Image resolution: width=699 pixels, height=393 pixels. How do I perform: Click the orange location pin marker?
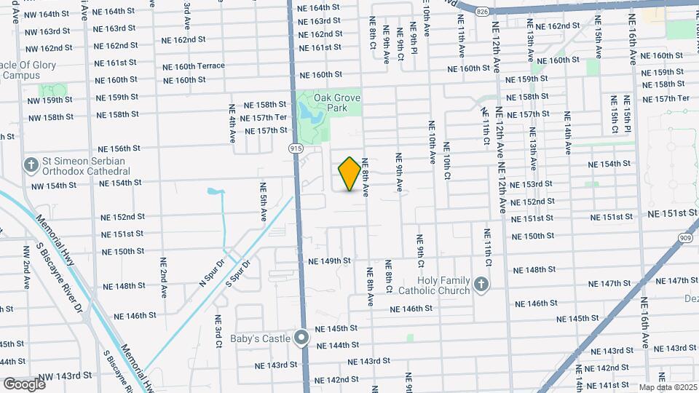tap(349, 174)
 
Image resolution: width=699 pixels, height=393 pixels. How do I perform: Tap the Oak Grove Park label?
tap(337, 103)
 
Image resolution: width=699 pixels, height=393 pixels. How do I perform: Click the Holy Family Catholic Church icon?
tap(481, 285)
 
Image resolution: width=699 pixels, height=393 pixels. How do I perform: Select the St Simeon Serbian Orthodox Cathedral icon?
tap(31, 165)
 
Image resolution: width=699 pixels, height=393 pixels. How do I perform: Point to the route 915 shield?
tap(296, 148)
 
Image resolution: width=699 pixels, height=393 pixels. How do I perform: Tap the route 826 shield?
tap(482, 11)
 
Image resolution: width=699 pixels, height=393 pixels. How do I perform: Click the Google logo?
tap(24, 384)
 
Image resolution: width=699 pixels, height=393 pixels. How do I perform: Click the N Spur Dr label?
tap(213, 266)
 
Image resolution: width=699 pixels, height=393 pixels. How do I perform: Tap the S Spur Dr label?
tap(238, 272)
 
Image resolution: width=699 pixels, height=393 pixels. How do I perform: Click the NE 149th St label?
tap(329, 261)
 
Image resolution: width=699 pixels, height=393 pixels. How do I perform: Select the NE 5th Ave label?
tap(263, 199)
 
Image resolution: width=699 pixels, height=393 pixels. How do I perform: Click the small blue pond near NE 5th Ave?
tap(214, 193)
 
